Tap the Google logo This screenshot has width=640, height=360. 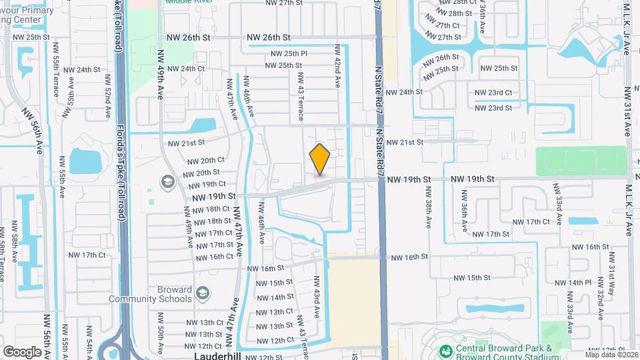point(23,351)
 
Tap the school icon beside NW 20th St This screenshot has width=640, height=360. point(167,181)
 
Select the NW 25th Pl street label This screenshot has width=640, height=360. point(289,53)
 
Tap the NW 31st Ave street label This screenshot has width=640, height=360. point(628,111)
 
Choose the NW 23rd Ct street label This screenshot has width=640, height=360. point(493,93)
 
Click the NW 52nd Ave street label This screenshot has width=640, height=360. point(107,98)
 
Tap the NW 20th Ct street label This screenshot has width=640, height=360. point(206,161)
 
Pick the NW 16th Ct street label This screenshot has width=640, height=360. point(212,257)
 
